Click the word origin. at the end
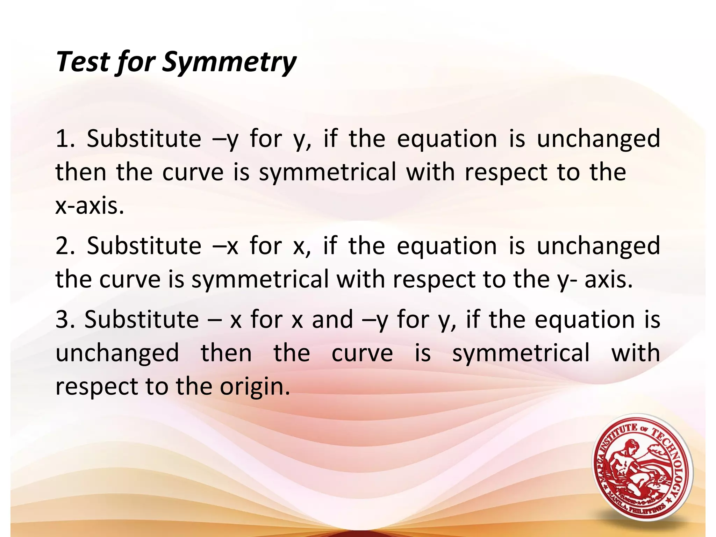pos(255,387)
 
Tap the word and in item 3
pos(332,320)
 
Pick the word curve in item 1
pos(193,172)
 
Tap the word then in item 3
pos(226,353)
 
